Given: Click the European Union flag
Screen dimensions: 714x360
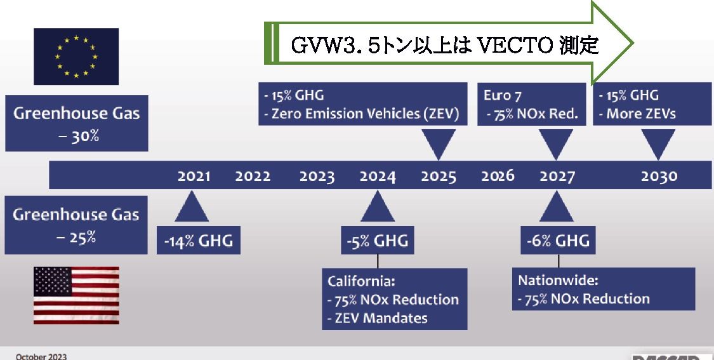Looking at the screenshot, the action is coord(76,57).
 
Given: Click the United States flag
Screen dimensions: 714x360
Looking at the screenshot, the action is coord(76,295).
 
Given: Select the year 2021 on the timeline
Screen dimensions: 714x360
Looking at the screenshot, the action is coord(194,176).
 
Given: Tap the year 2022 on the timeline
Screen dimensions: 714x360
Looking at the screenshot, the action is coord(253,176).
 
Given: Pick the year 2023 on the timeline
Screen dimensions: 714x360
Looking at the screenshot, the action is coord(317,176).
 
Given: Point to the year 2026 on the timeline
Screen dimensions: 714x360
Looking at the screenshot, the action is coord(498,176).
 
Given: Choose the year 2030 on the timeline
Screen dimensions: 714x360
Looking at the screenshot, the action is coord(659,176).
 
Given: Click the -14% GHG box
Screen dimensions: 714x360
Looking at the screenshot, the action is coord(199,240).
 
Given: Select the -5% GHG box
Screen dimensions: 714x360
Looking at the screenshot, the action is coord(378,240).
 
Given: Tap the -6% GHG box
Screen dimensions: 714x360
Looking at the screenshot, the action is coord(559,240).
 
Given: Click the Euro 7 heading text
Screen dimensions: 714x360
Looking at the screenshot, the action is coord(502,95).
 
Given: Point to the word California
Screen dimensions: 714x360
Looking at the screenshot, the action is coord(361,281).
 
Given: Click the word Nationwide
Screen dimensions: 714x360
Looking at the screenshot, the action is coord(559,280).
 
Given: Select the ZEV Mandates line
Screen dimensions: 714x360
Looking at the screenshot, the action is coord(378,317).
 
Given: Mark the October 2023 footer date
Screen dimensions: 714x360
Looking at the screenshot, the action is coord(41,356).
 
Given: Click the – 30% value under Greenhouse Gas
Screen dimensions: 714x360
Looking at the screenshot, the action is coord(79,136).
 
